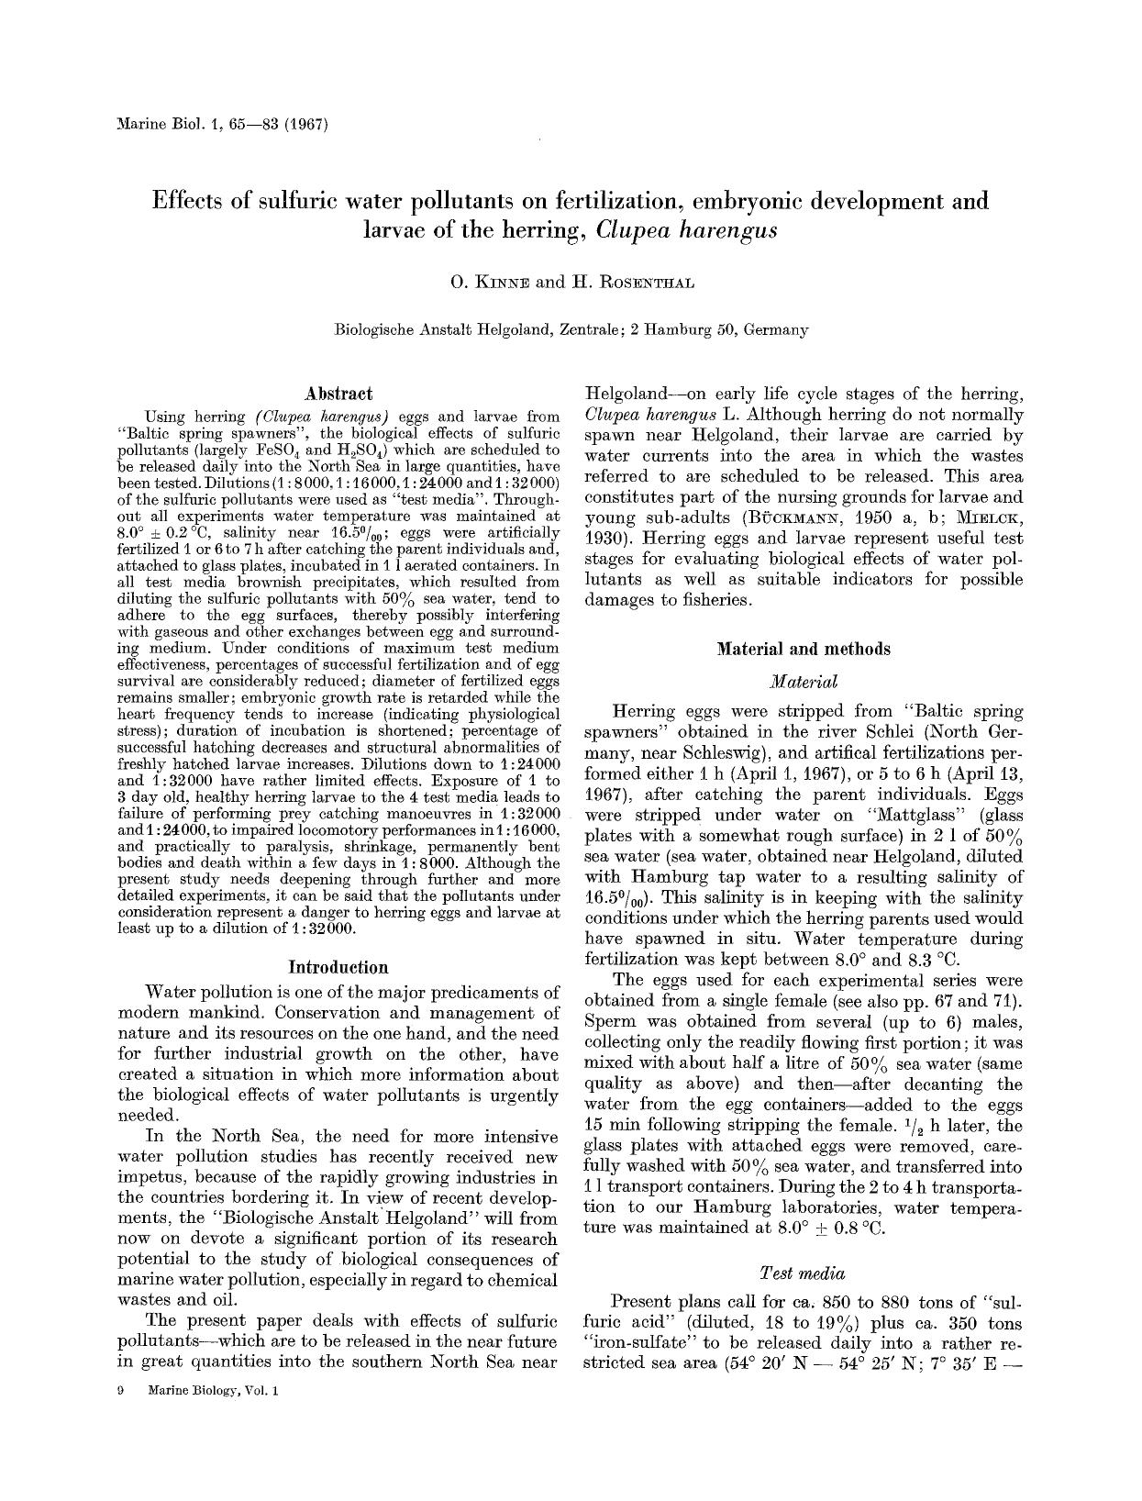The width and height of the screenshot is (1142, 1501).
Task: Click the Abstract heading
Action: pyautogui.click(x=338, y=395)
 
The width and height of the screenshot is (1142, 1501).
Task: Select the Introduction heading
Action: pyautogui.click(x=338, y=967)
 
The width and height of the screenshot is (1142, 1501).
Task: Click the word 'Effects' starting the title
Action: pyautogui.click(x=189, y=201)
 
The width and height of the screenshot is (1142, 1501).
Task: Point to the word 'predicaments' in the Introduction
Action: pyautogui.click(x=500, y=993)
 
